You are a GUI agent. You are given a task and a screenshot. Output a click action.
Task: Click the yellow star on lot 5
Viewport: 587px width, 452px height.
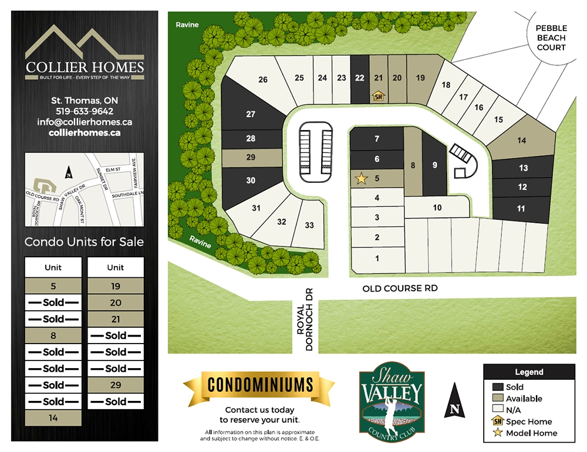tap(361, 178)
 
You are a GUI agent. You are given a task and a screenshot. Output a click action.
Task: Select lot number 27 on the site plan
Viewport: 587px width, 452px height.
tap(251, 114)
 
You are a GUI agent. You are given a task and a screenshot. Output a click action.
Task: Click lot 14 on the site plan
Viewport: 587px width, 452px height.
tap(521, 141)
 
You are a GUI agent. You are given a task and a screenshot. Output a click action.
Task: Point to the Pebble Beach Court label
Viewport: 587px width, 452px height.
tap(551, 38)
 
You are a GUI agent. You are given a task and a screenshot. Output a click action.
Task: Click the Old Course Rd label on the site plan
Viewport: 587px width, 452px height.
tap(400, 288)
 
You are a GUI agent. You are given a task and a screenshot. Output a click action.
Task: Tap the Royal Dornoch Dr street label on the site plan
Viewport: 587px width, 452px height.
tap(305, 327)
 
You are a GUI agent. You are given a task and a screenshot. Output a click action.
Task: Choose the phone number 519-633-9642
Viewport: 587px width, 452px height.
tap(85, 111)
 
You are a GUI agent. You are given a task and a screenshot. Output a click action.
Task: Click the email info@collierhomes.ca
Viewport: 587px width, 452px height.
tap(85, 122)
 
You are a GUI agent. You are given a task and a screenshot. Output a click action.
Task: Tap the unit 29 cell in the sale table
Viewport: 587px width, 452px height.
tap(116, 385)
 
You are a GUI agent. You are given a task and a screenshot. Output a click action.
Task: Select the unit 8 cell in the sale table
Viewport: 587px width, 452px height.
tap(53, 336)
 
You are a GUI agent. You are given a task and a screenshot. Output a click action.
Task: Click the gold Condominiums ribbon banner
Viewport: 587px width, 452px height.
tap(259, 385)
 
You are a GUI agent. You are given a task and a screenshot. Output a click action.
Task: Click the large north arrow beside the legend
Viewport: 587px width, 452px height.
tap(454, 401)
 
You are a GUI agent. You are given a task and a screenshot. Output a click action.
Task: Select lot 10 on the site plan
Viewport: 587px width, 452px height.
tap(437, 208)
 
